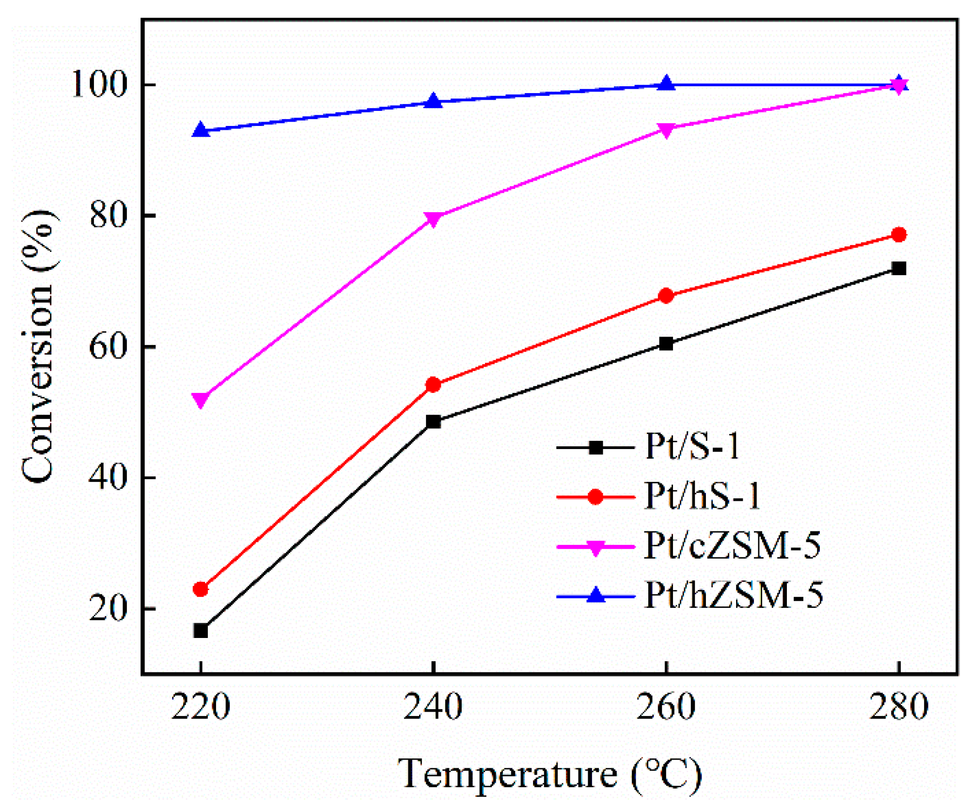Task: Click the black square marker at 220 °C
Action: pos(201,631)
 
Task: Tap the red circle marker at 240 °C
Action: pos(433,385)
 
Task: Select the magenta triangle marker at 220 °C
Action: pos(201,400)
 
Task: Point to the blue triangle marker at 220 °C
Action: pos(201,130)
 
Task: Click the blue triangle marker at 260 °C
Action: pos(666,84)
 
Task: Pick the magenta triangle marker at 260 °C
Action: pos(666,129)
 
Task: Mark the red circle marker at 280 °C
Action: pos(899,234)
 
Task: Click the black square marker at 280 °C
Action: pos(899,268)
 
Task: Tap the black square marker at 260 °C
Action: pos(666,343)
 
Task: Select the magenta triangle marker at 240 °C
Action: pos(433,219)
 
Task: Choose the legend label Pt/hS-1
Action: pos(702,496)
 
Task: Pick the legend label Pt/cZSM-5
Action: pos(732,546)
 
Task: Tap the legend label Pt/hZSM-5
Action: pos(733,595)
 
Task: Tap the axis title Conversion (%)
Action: pos(38,346)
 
